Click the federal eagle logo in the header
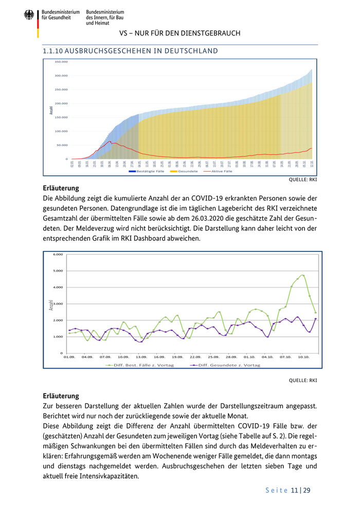(29, 15)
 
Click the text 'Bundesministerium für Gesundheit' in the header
(60, 14)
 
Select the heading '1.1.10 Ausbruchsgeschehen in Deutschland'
(130, 51)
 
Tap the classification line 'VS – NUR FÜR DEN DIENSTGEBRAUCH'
(179, 33)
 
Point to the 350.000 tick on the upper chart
(61, 62)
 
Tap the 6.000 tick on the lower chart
(58, 254)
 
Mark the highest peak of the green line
(303, 275)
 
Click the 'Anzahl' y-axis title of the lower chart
(51, 305)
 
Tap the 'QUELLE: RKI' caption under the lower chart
(303, 381)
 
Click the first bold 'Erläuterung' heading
(61, 188)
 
